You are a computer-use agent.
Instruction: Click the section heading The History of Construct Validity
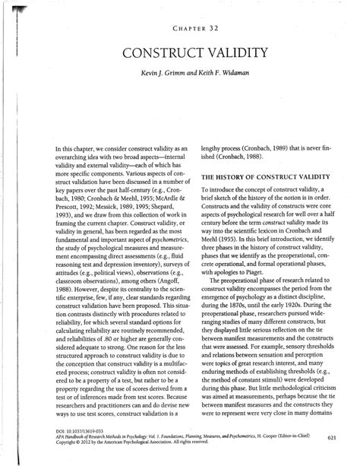tap(262, 176)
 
